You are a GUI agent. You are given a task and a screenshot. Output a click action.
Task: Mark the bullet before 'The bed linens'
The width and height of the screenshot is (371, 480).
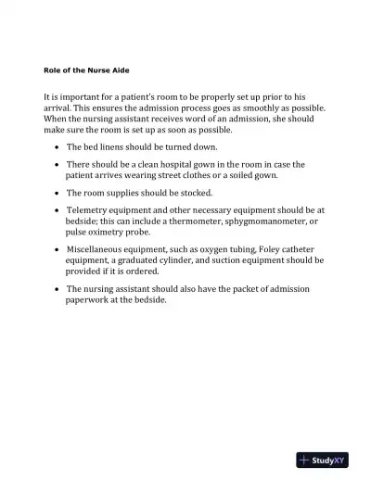point(58,147)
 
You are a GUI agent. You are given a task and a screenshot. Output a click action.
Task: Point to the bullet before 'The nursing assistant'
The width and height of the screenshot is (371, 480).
point(58,288)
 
